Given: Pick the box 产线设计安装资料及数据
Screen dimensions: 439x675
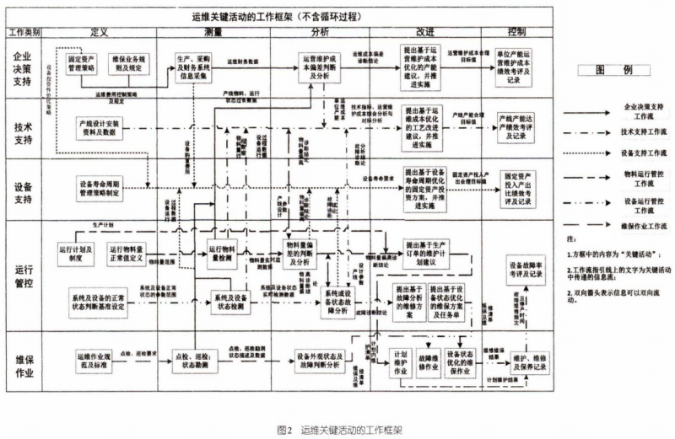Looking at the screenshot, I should pos(100,129).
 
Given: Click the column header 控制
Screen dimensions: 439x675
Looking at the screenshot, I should pos(518,32).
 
